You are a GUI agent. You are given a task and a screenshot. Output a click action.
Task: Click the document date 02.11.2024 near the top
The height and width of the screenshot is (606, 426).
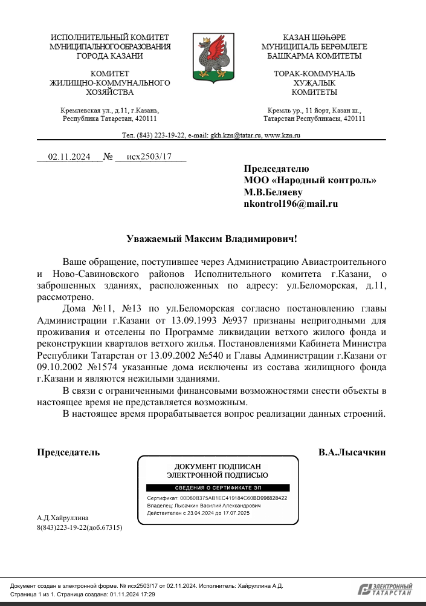(x=69, y=157)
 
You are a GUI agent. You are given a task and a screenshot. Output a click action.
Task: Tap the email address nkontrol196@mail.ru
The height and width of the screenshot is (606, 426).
(x=291, y=204)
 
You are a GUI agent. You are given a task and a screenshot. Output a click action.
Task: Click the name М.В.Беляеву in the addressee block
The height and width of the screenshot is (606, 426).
(x=273, y=192)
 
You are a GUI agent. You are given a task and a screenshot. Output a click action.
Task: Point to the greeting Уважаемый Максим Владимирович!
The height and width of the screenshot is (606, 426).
(x=212, y=239)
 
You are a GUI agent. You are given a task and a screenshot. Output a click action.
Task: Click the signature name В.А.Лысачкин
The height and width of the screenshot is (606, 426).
(x=352, y=452)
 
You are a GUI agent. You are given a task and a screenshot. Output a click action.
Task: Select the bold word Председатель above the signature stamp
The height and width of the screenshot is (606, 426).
(x=68, y=452)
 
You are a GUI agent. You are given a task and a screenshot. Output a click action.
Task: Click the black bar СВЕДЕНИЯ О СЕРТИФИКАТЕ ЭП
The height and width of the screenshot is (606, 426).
(x=218, y=487)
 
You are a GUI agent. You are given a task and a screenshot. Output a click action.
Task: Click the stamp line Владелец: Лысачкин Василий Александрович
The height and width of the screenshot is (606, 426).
(x=204, y=505)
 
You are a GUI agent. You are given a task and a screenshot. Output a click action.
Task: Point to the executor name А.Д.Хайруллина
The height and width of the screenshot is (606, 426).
(x=63, y=518)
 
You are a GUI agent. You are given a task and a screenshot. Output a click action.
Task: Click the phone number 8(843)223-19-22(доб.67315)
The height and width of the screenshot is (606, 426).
(x=80, y=527)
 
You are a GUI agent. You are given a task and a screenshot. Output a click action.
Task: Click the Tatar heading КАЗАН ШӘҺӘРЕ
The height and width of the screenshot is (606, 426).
(x=314, y=37)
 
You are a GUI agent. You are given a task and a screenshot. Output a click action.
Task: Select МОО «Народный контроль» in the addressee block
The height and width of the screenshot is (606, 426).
(x=310, y=180)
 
